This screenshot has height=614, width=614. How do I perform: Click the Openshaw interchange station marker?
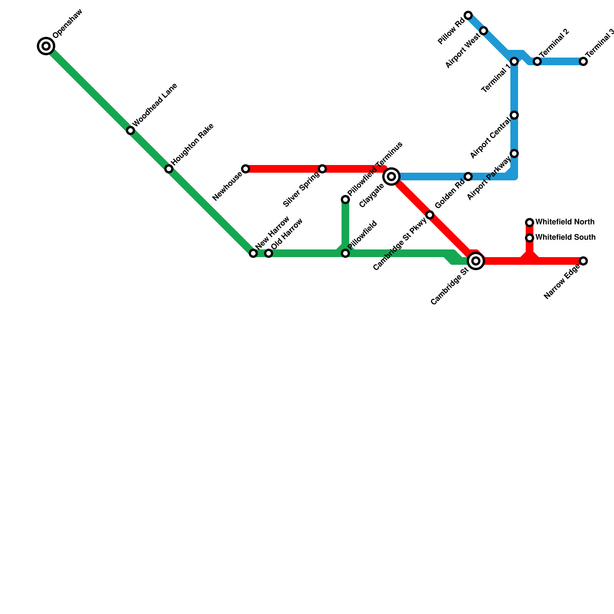pos(46,46)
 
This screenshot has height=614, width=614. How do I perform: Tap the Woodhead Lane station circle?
pos(130,130)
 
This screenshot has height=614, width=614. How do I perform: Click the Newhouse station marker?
pos(246,169)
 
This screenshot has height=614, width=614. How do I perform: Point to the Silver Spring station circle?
pos(322,169)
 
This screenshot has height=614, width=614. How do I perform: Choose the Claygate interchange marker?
pos(391,177)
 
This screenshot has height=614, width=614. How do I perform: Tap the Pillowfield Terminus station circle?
pos(345,200)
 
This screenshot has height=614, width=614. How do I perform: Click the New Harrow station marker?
pos(253,253)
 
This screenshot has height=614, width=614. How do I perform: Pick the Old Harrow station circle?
pos(269,253)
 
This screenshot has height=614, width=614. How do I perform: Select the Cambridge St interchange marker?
pos(476,261)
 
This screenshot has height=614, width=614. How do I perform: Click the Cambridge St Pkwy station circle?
pos(430,215)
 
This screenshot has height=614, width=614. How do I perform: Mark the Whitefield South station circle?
pos(530,238)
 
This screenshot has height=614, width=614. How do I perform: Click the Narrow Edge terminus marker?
pos(583,261)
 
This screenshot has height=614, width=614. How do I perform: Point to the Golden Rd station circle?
pos(468,177)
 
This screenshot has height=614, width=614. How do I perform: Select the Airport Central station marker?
pos(514,115)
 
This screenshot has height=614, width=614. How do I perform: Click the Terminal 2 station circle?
pos(537,61)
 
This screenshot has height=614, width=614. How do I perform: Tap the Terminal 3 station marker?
pos(583,61)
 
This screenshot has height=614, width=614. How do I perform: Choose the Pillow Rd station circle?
pos(468,15)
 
